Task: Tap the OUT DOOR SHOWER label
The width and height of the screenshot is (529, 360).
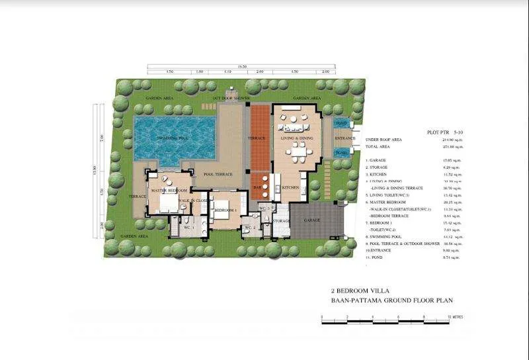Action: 231,99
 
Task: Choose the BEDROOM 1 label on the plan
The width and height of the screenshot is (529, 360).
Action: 225,210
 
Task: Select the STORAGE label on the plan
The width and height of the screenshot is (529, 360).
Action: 281,220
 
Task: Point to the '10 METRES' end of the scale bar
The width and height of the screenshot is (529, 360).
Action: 455,317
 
